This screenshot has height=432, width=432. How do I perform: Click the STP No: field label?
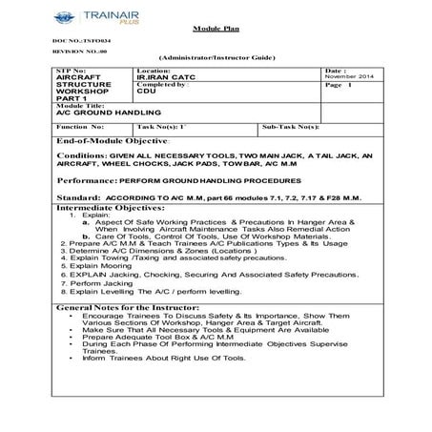[x=70, y=71]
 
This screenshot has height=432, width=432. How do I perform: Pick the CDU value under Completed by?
[x=145, y=92]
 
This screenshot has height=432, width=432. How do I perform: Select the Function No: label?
[x=79, y=125]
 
